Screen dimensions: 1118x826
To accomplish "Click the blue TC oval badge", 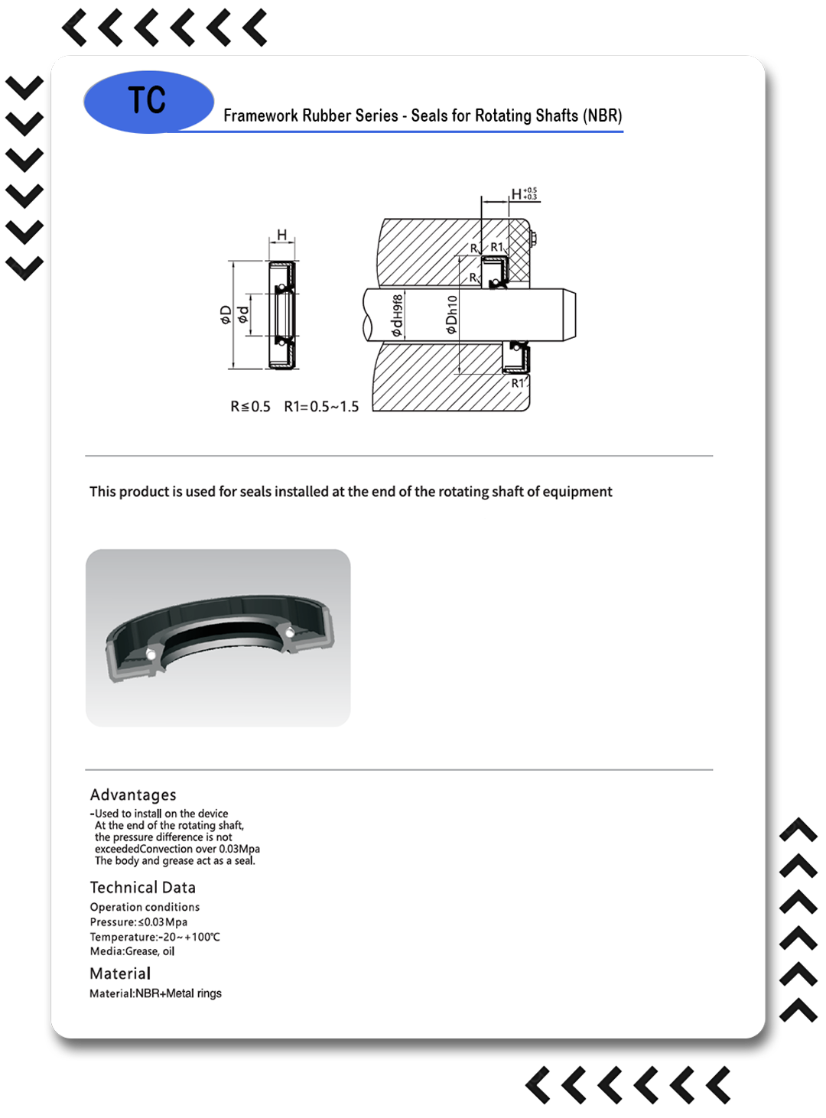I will tap(148, 102).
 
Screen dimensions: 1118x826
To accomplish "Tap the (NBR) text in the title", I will tap(603, 115).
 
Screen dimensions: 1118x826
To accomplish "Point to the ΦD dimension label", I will tap(226, 314).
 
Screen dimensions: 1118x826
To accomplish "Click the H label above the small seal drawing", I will tap(281, 235).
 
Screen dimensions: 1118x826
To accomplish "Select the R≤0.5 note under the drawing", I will tap(250, 407).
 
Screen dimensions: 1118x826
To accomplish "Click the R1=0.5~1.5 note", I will tap(321, 407).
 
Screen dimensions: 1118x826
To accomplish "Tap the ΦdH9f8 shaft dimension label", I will tap(396, 315).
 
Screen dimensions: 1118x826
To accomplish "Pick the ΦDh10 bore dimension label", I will tap(451, 315).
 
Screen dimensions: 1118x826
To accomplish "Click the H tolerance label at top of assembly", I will tap(524, 194).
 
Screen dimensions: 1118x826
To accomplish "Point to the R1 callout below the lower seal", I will tap(518, 383).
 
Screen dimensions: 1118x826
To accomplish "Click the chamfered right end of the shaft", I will tap(571, 314).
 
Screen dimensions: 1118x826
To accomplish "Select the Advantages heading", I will tap(133, 795).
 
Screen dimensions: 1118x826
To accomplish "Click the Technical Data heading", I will tap(142, 887).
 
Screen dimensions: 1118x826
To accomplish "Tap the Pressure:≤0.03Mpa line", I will tap(138, 922).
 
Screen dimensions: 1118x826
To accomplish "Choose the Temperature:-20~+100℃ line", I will tap(154, 937).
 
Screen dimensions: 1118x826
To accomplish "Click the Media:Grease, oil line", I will tap(132, 951).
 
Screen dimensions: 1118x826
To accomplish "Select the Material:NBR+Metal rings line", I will tap(155, 993).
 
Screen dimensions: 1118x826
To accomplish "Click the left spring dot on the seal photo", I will tap(151, 655).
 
